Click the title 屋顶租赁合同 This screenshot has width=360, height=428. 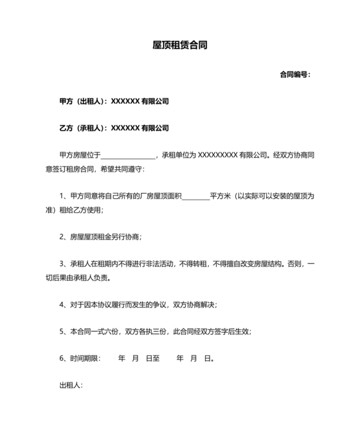[179, 46]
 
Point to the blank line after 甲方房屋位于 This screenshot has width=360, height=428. [128, 155]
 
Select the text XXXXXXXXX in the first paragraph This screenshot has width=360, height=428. [217, 155]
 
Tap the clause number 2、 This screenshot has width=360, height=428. [63, 237]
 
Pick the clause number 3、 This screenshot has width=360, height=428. [63, 264]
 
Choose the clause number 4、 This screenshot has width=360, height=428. [63, 304]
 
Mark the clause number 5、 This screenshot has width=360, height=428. [63, 331]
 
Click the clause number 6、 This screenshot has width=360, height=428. [63, 358]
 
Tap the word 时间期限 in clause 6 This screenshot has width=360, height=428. [84, 358]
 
